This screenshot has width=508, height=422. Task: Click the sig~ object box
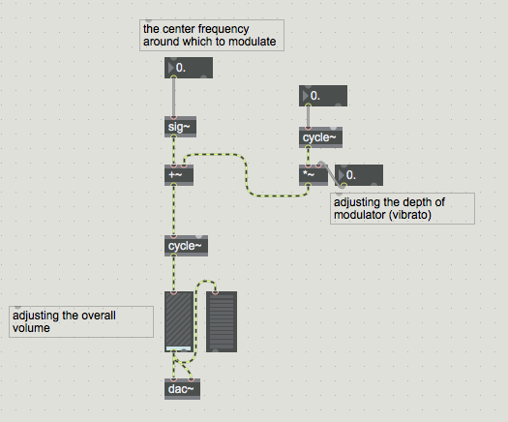180,127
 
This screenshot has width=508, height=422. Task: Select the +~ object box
179,175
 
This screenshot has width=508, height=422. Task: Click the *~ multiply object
314,175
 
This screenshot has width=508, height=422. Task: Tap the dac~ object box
182,389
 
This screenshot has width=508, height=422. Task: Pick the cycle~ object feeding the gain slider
187,246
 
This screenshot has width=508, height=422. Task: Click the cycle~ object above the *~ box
320,137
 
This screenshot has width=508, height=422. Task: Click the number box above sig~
189,68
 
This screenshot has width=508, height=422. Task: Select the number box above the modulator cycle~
323,96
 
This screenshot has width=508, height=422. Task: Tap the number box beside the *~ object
359,175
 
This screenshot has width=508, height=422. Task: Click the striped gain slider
179,321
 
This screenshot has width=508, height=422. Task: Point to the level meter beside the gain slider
222,321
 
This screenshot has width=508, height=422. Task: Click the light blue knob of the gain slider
178,348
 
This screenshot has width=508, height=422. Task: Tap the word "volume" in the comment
31,328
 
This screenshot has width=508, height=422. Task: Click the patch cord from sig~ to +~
174,151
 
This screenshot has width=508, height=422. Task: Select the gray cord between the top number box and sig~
174,97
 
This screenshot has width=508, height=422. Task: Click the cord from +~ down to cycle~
174,210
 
